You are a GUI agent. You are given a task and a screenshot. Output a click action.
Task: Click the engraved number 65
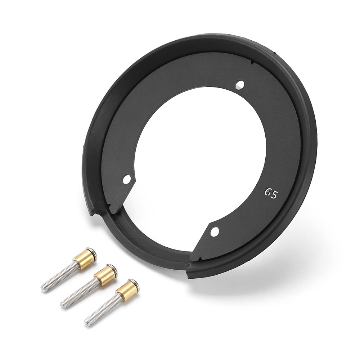coord(271,194)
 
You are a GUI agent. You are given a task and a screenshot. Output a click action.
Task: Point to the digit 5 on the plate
coord(275,195)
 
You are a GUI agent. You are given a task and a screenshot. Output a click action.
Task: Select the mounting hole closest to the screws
coord(127,179)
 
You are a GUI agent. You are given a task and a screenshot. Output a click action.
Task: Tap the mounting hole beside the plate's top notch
coord(240,85)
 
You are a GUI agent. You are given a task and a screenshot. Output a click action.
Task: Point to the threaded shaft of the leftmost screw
coord(59,277)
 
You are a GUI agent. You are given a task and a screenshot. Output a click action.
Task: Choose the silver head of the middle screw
coord(113,269)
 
